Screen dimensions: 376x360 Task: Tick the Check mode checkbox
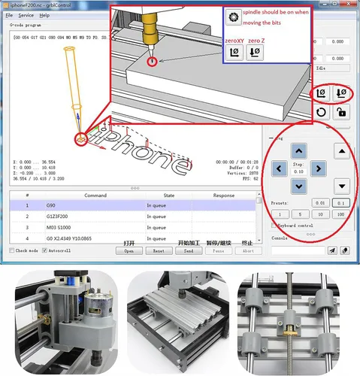pos(12,250)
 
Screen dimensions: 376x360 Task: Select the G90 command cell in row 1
pos(98,205)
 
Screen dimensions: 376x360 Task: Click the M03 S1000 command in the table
pos(98,228)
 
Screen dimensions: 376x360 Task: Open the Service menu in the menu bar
pos(26,15)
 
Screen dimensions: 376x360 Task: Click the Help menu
pos(44,15)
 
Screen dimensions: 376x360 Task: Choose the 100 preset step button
pos(340,214)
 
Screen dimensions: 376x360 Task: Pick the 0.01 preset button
pos(319,202)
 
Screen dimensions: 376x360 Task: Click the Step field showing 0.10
pos(299,171)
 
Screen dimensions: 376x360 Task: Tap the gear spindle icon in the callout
pos(235,16)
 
